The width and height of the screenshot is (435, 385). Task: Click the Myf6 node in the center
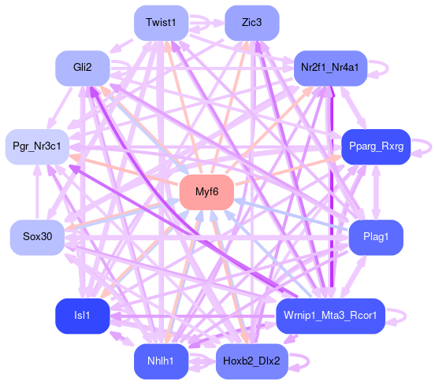(206, 192)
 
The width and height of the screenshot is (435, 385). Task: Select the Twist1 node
(161, 23)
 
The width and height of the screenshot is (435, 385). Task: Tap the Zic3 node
(251, 23)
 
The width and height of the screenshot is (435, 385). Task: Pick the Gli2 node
(83, 68)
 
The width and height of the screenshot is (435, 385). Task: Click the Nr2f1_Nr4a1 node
(330, 68)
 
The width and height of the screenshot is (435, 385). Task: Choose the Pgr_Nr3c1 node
(37, 146)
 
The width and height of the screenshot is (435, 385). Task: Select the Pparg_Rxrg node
(376, 146)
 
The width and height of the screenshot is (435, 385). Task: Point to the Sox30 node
(37, 237)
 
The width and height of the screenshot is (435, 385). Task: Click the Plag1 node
(376, 237)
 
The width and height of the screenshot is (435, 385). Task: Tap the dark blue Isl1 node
(83, 316)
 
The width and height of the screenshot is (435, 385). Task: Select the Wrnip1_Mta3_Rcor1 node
(330, 316)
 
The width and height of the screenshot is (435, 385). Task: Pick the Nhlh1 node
(161, 361)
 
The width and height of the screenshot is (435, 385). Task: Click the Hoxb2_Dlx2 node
(251, 361)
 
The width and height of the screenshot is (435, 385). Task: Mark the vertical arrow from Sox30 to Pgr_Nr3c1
(37, 192)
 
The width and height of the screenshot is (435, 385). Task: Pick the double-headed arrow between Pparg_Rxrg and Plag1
(376, 192)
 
